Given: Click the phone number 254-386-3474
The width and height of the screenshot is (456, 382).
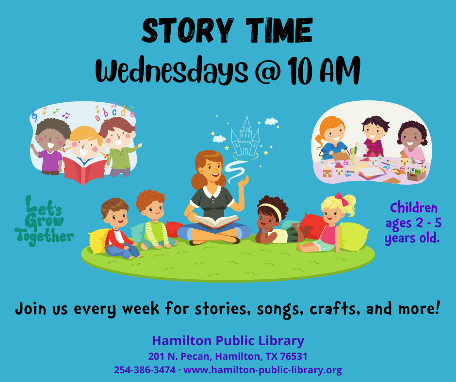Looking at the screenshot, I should (x=145, y=370).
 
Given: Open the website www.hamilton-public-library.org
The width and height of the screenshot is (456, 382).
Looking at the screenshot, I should (x=263, y=370).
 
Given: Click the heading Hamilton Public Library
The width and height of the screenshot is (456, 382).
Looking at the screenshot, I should (x=228, y=340).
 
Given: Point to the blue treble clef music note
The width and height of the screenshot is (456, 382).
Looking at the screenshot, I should (x=34, y=115).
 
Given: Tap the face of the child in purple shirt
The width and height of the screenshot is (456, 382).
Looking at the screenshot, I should (x=51, y=138).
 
